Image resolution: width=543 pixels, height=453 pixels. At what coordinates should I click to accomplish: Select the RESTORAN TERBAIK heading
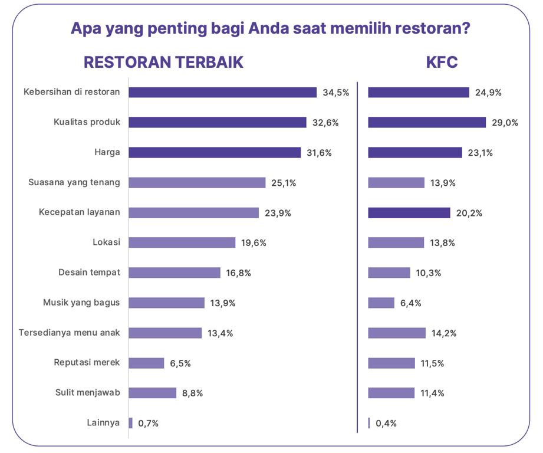[x=163, y=63]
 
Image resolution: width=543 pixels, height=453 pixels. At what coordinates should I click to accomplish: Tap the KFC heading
[x=442, y=63]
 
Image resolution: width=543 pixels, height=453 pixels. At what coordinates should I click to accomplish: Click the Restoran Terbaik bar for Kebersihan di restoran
[x=223, y=93]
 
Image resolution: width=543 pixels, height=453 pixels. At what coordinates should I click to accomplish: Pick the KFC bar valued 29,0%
[x=427, y=123]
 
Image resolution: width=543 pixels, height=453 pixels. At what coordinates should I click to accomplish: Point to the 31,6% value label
[x=320, y=153]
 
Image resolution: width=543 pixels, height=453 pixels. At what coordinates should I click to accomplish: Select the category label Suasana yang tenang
[x=74, y=182]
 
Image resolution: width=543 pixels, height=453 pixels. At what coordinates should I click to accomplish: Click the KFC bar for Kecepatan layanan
[x=409, y=213]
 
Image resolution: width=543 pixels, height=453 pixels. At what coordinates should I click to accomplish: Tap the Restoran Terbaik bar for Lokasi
[x=182, y=242]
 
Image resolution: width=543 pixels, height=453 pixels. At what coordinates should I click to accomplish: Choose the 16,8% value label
[x=239, y=273]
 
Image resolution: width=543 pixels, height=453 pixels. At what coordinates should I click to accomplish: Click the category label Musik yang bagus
[x=81, y=303]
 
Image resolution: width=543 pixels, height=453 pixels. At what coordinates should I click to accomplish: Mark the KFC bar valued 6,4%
[x=381, y=303]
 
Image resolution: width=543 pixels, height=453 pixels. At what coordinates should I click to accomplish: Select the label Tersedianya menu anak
[x=69, y=333]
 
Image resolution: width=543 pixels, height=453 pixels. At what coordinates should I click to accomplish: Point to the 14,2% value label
[x=444, y=333]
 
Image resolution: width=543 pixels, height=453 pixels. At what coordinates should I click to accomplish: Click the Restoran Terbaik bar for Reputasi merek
[x=146, y=363]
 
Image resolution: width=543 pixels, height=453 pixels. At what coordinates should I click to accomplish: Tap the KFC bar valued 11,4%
[x=391, y=393]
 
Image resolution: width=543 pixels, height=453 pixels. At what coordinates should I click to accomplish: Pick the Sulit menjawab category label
[x=88, y=393]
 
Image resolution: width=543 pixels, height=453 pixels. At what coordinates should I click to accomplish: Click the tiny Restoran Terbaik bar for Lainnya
[x=131, y=423]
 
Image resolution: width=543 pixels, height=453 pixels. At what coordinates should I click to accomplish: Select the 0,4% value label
[x=386, y=424]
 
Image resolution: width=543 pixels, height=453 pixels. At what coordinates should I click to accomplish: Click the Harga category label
[x=107, y=152]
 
